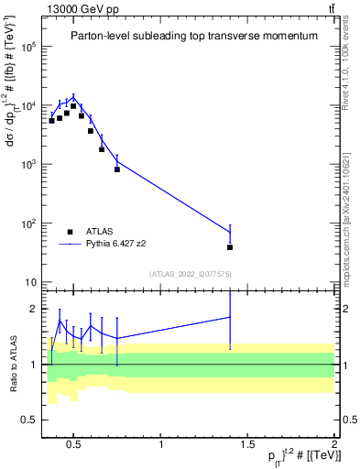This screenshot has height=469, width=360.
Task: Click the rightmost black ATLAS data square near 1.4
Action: [230, 247]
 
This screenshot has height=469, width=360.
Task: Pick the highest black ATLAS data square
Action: [73, 106]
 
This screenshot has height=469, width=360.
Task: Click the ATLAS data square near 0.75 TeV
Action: [117, 169]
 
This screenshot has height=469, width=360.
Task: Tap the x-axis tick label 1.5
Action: [247, 446]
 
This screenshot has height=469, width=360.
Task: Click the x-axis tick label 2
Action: [333, 446]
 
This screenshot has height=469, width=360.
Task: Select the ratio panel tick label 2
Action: [33, 309]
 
